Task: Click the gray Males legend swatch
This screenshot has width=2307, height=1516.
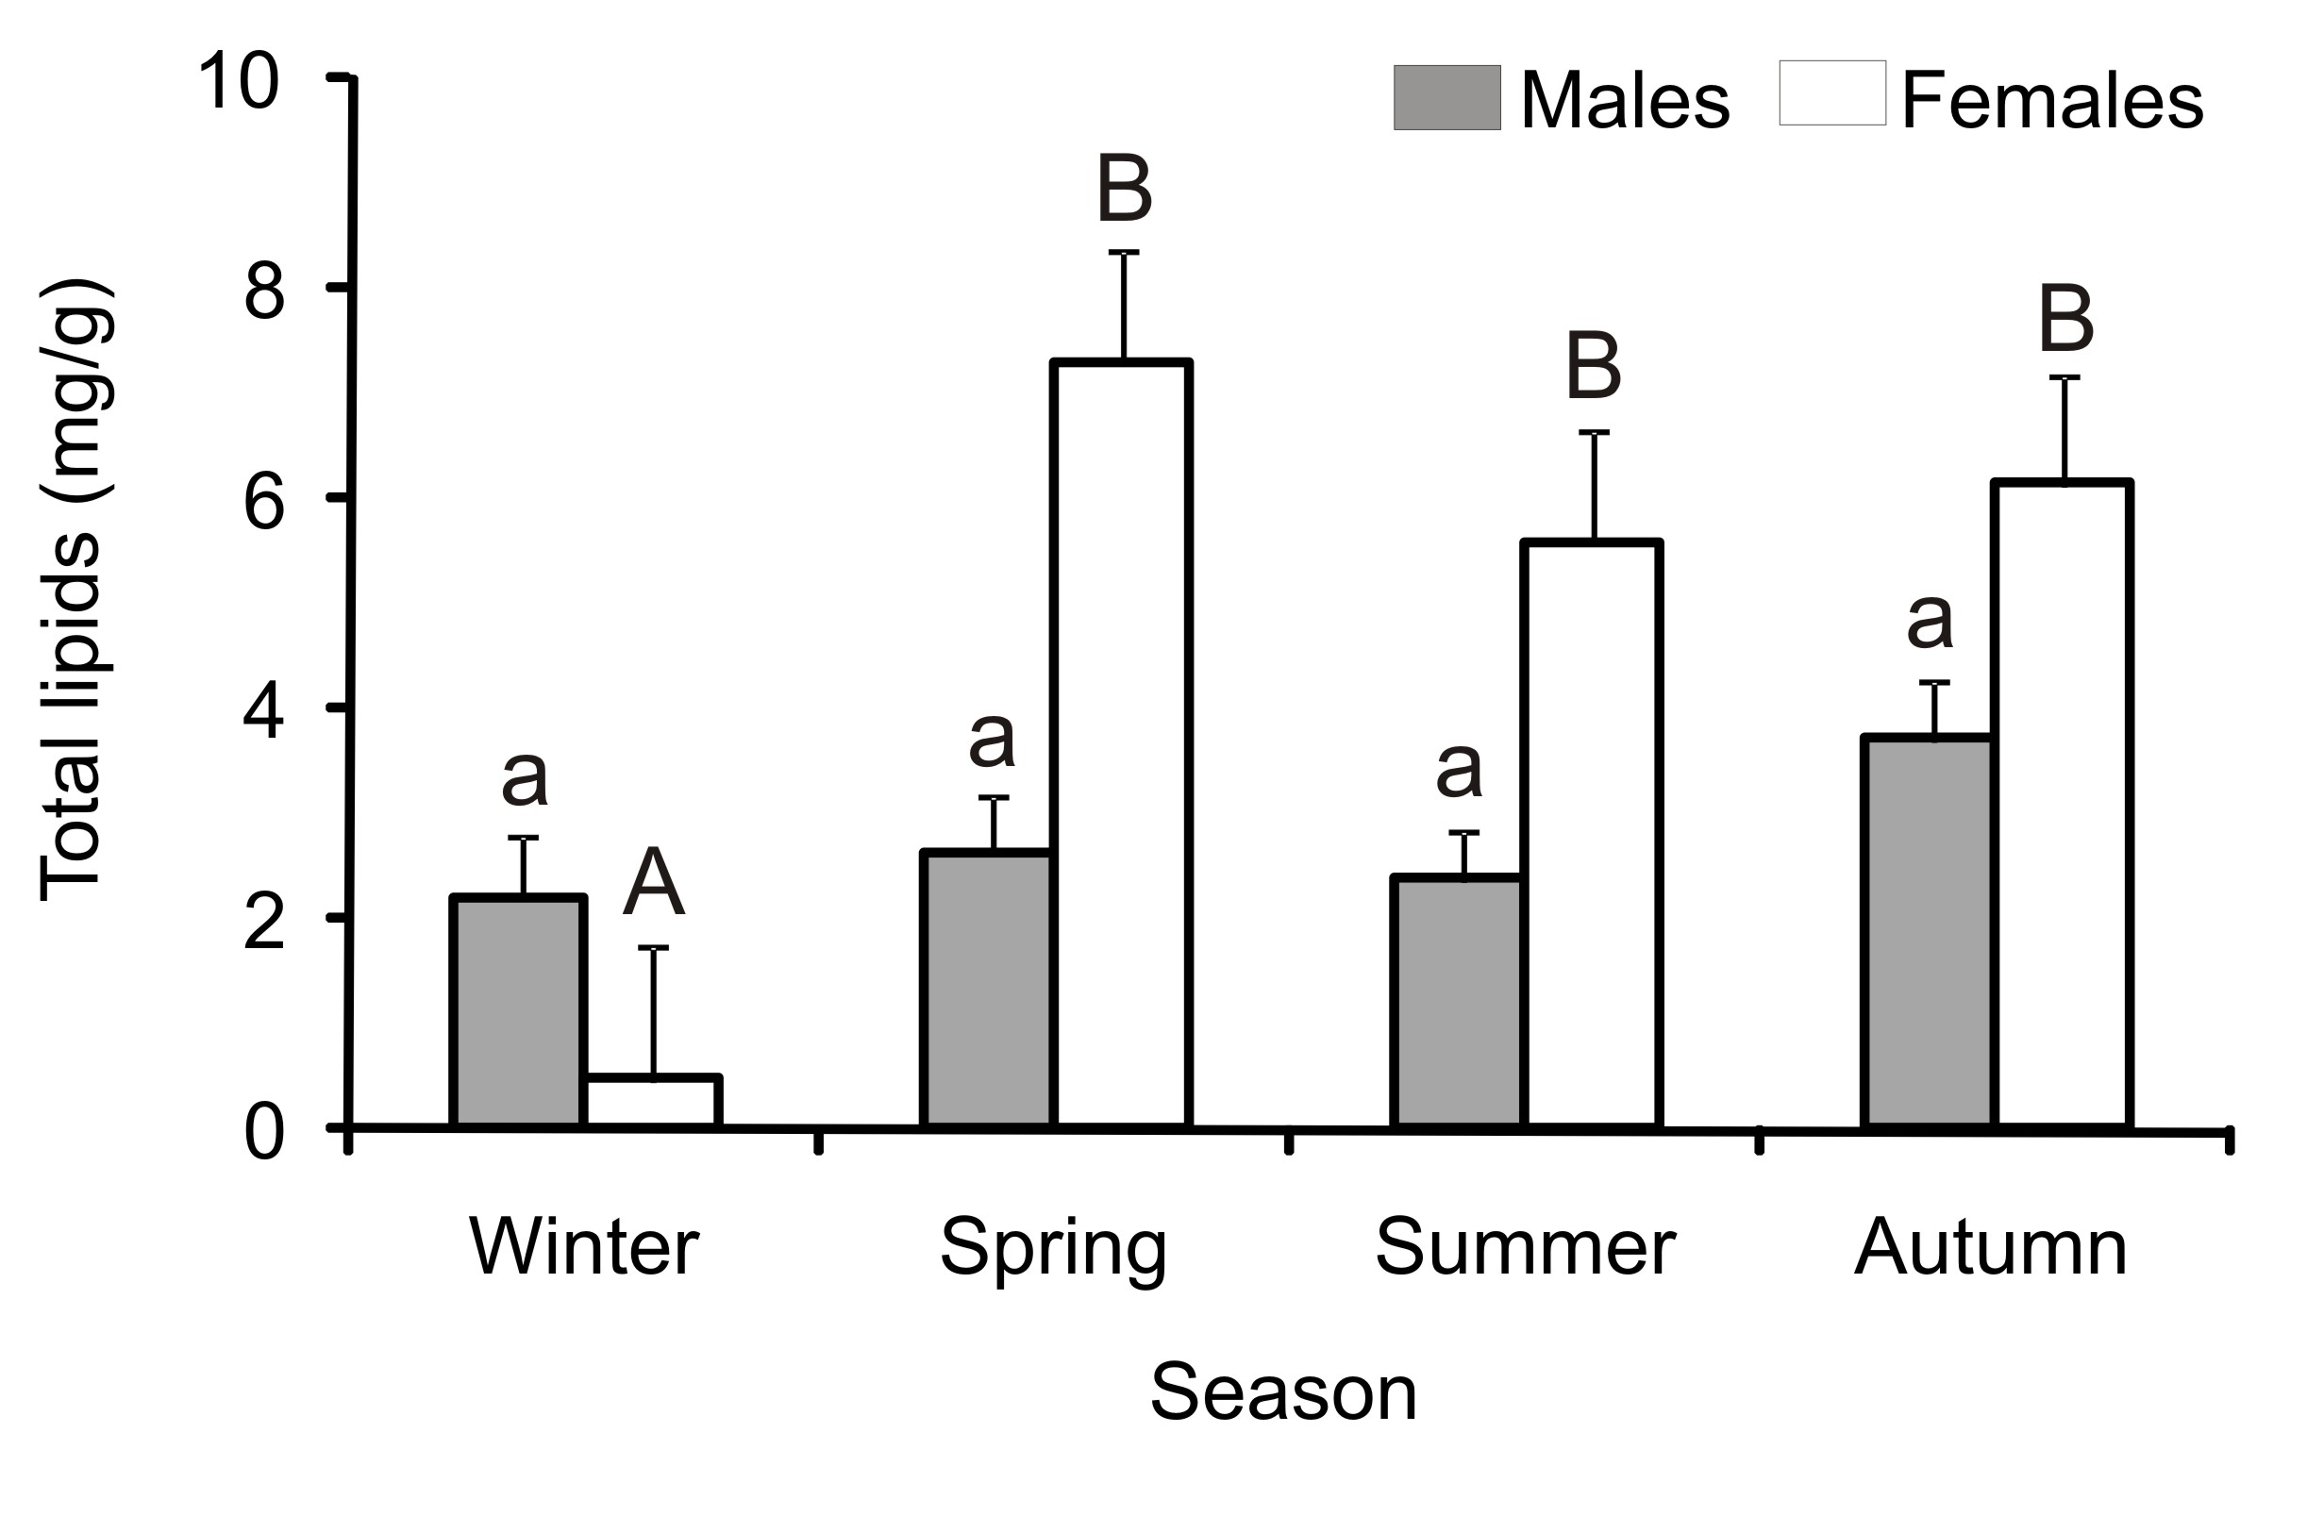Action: point(1447,98)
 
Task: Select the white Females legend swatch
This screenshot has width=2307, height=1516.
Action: point(1832,94)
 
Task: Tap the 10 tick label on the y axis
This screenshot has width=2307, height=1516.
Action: point(238,83)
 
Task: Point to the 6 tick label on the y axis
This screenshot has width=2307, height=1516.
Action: point(263,503)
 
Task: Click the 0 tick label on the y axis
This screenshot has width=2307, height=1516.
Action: point(263,1133)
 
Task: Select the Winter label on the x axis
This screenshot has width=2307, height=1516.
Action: point(583,1246)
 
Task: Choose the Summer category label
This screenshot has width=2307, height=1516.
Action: point(1526,1246)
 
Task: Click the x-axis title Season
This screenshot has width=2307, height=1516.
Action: point(1283,1391)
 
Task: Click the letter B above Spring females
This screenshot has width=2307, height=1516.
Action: point(1125,189)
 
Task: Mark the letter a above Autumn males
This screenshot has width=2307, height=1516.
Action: point(1930,621)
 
